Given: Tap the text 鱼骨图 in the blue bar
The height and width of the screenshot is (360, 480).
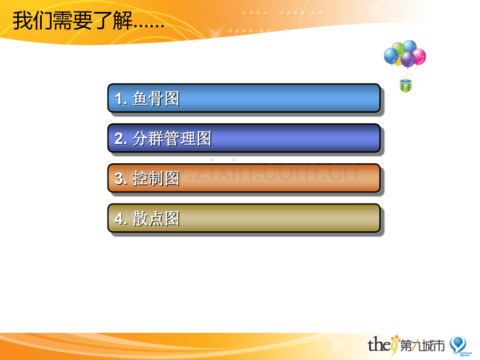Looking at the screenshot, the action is click(x=156, y=99).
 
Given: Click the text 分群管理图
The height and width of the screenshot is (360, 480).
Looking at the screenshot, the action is click(x=172, y=138).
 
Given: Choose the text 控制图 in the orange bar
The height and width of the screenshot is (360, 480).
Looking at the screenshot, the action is click(x=156, y=178).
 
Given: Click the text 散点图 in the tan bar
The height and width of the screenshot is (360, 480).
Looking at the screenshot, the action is click(x=156, y=219).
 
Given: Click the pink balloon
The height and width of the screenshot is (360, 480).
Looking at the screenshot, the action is click(x=419, y=57).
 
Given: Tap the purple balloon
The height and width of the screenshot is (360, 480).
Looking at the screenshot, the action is click(x=408, y=59).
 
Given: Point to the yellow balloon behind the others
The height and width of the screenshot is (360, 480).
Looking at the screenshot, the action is click(x=398, y=63).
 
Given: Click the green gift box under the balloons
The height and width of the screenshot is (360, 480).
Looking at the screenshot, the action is click(x=405, y=86).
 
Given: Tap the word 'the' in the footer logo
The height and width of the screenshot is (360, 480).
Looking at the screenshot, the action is click(x=379, y=344).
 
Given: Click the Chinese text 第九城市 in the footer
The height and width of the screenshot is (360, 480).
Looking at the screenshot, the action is click(x=423, y=345).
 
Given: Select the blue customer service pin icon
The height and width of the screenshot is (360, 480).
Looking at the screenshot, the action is click(x=458, y=344).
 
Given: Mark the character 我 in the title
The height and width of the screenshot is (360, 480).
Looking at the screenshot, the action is click(x=22, y=20).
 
